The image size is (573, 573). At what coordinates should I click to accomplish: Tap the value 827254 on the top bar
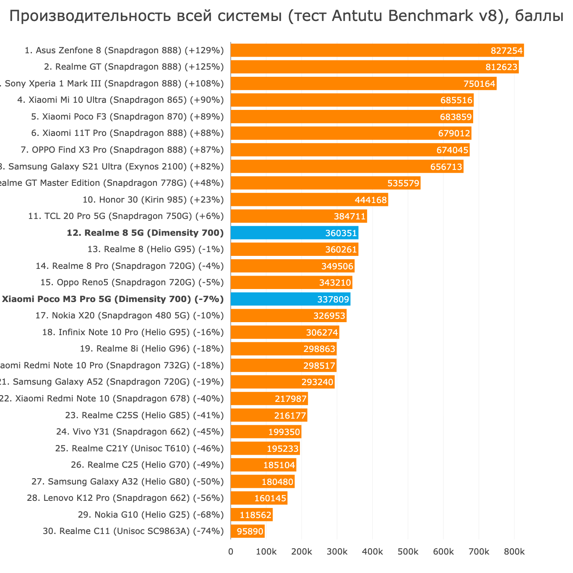(507, 51)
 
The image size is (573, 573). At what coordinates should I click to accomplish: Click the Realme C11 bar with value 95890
(247, 531)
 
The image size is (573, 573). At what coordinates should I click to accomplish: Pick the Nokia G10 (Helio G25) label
(151, 515)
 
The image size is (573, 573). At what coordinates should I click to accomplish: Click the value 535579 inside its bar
(404, 183)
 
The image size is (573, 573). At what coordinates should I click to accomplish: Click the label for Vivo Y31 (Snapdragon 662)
(140, 432)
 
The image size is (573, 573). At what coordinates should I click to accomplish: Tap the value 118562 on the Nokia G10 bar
(255, 515)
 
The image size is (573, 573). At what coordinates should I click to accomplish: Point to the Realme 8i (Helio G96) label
(152, 349)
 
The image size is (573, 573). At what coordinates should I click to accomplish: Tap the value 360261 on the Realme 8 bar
(341, 250)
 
